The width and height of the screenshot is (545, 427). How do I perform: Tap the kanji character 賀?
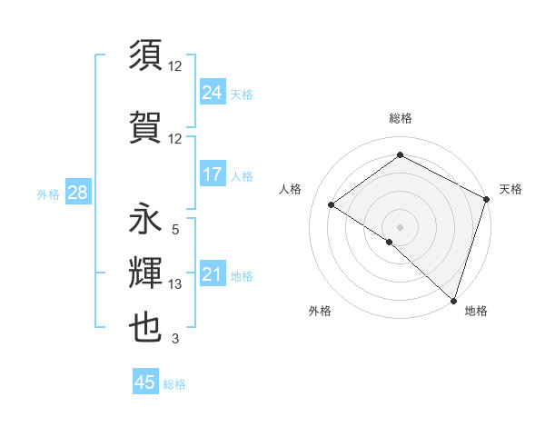pos(146,124)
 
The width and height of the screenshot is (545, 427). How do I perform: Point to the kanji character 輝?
pos(146,273)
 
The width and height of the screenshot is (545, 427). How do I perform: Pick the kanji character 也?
pos(146,327)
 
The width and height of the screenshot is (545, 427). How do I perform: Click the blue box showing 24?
pos(213,93)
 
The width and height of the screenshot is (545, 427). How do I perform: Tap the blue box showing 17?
pos(213,174)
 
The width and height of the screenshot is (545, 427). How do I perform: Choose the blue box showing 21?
pos(213,274)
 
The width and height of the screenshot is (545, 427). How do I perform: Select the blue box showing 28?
pos(77,193)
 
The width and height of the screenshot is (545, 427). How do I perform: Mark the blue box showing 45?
pos(145,382)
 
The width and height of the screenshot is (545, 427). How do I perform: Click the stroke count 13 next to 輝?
pos(175,284)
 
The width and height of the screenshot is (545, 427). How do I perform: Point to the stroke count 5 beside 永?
pos(175,231)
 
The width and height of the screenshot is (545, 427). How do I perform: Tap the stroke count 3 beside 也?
pos(175,339)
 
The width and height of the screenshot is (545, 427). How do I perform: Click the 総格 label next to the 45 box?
pos(174,384)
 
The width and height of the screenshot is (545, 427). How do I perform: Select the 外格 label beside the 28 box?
pos(48,194)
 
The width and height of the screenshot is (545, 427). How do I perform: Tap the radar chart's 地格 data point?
pos(453,300)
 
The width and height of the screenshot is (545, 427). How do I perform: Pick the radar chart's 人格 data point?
pos(332,204)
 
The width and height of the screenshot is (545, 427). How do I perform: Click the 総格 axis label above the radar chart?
pos(400,118)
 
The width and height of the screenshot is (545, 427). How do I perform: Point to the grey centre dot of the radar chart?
pos(400,226)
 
